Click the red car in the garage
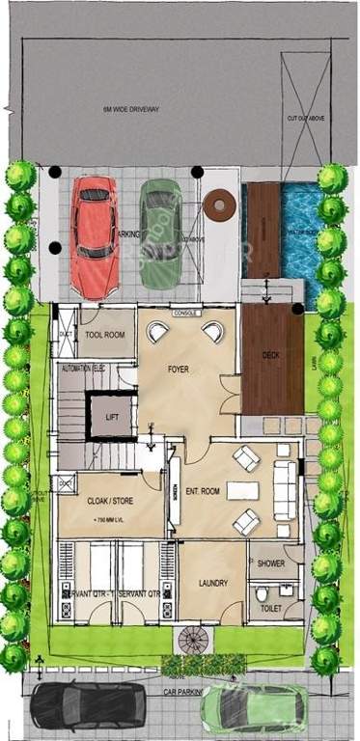(95, 236)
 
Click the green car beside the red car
(159, 234)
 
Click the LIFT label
(112, 417)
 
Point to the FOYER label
(178, 369)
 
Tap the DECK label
(271, 355)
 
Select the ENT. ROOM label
(203, 489)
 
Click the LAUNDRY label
(212, 583)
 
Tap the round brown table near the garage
(219, 205)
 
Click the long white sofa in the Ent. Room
(285, 490)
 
